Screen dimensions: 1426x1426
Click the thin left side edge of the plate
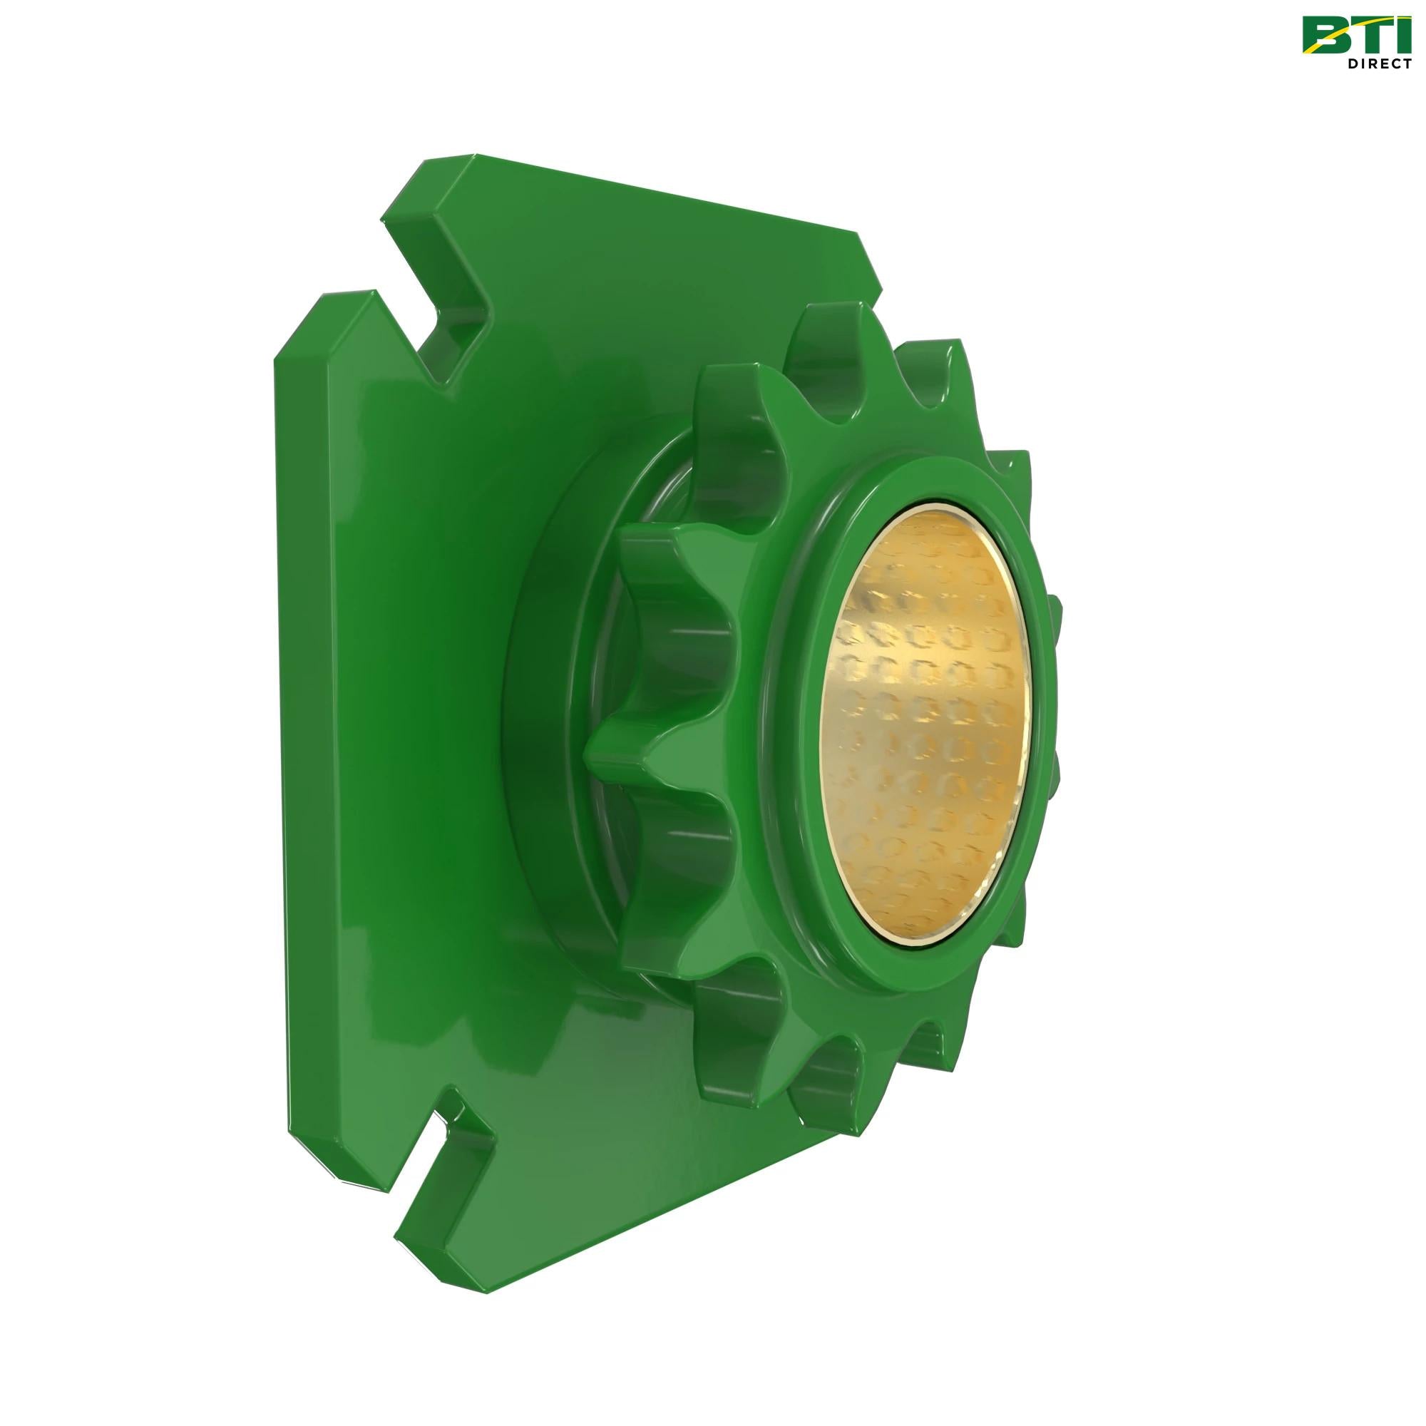pos(284,738)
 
